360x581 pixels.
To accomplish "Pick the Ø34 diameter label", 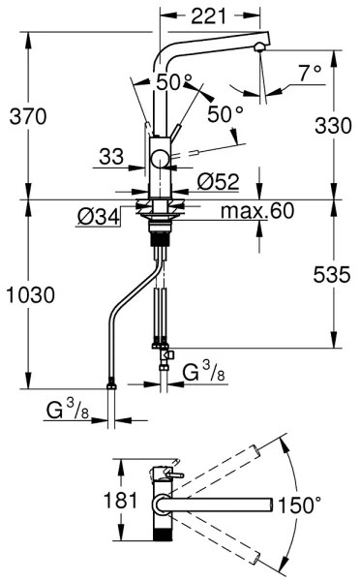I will [100, 216].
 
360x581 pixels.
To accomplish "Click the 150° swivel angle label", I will [298, 505].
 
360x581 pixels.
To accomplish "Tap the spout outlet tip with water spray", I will [258, 49].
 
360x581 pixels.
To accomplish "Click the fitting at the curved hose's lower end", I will [115, 387].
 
